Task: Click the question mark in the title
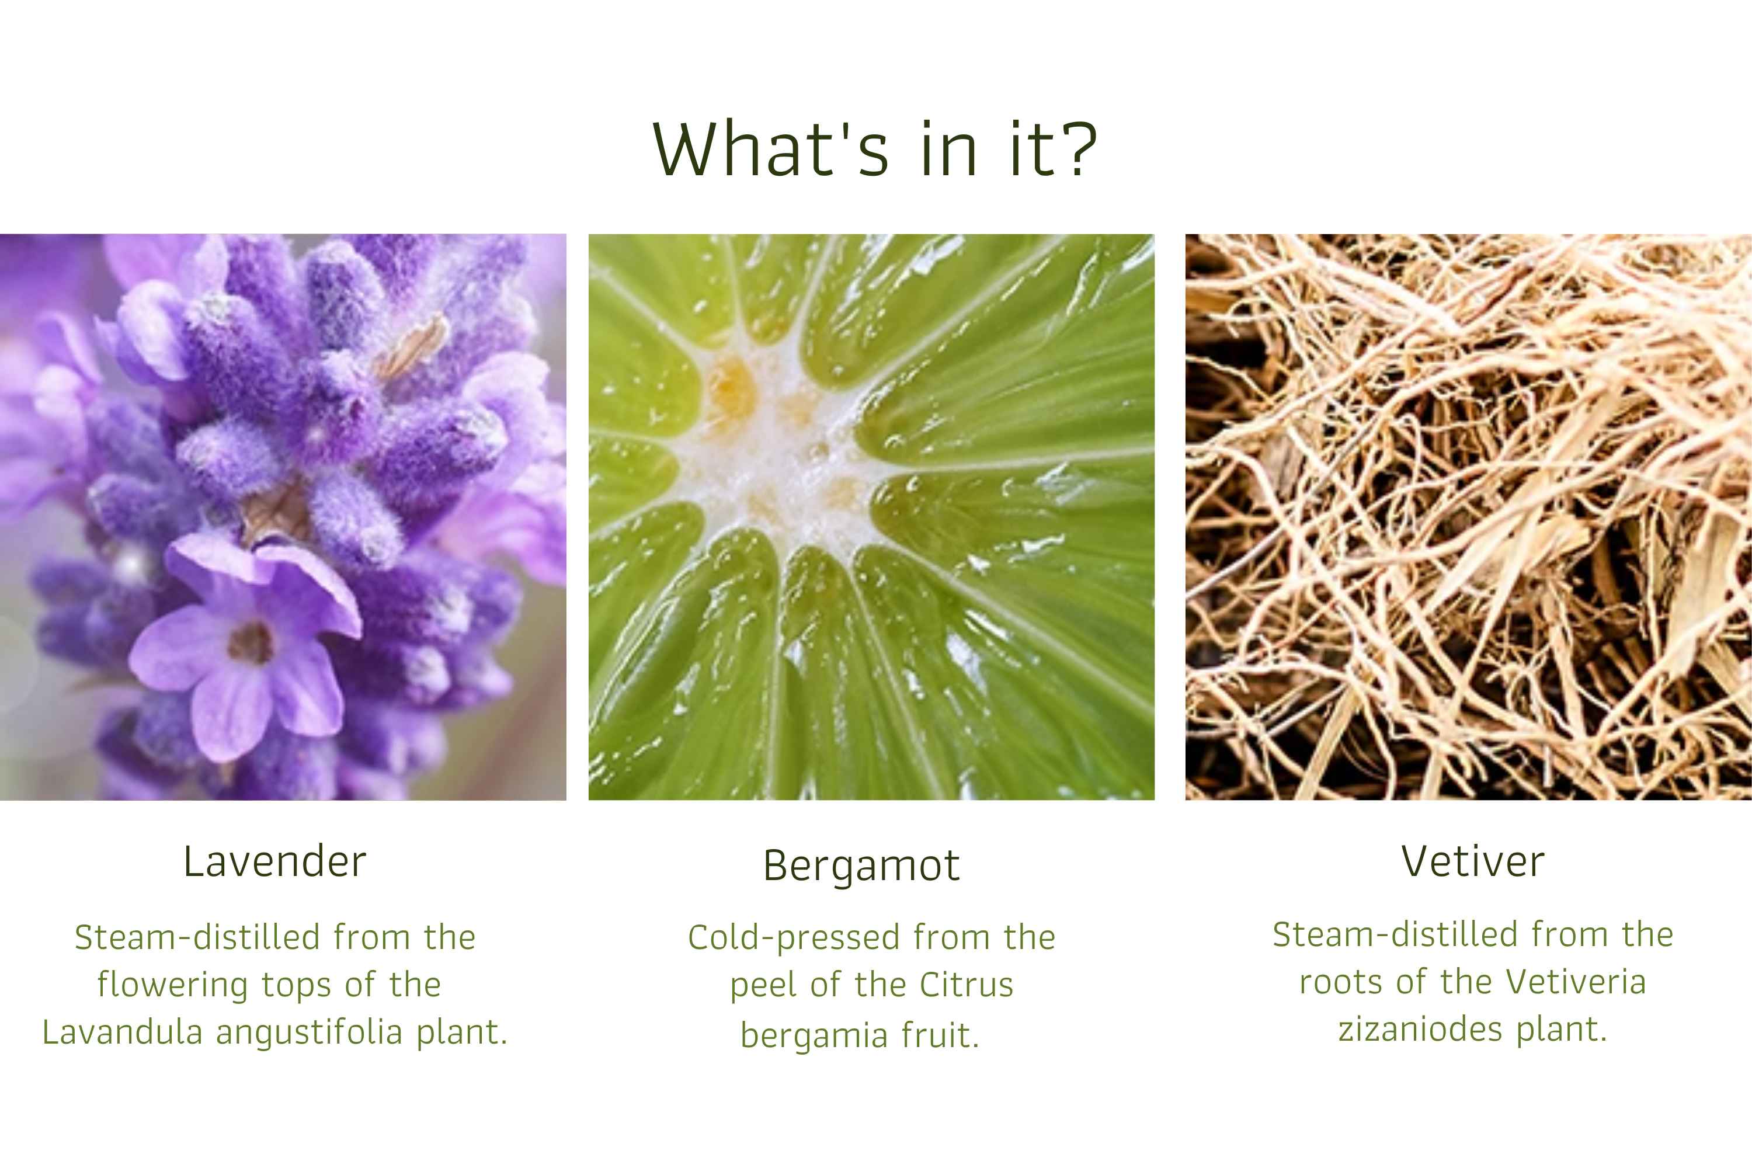1076,148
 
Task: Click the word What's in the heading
770,148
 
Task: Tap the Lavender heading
275,862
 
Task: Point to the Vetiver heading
1473,862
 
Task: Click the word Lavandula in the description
122,1033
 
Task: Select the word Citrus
966,985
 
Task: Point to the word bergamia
814,1036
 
